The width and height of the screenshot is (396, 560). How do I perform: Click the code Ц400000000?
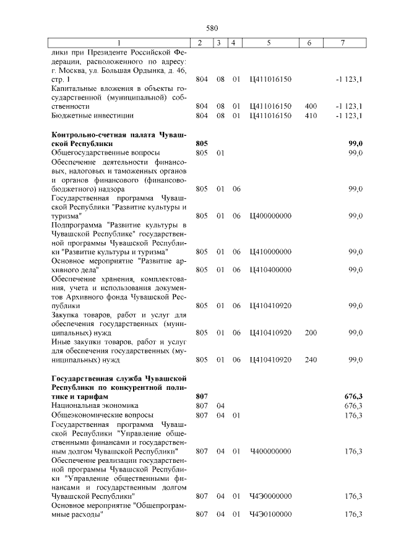(270, 216)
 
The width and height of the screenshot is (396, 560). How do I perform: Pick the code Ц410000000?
(270, 252)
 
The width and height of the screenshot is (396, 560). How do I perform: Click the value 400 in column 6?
(311, 106)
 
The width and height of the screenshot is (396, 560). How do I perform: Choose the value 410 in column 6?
(311, 116)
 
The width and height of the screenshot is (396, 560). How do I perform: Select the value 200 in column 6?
(311, 333)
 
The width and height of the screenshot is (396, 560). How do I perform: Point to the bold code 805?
(201, 144)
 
